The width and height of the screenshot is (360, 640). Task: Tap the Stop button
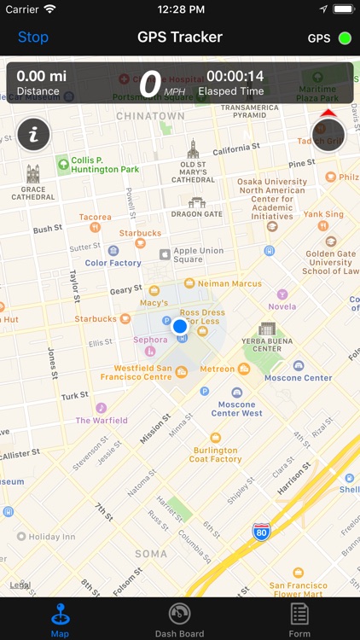point(33,37)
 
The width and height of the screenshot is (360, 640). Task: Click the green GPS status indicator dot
point(345,38)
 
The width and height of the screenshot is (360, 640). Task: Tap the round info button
point(33,134)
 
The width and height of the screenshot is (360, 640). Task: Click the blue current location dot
point(179,326)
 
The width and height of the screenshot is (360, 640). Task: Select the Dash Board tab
point(179,620)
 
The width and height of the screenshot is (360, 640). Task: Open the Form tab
point(299,620)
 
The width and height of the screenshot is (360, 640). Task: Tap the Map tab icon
point(60,614)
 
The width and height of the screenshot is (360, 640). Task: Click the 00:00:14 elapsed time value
point(235,76)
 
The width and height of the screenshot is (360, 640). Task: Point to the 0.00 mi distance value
point(41,76)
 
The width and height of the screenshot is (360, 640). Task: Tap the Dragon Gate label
point(197,214)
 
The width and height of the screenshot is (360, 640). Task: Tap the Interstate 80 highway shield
point(263,532)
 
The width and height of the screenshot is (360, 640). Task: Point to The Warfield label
point(102,420)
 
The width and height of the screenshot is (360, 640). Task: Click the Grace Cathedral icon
point(32,174)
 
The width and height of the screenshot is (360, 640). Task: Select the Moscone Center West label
point(237,408)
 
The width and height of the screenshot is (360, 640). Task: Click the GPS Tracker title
point(180,37)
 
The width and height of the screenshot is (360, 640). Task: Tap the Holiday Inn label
point(52,537)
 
